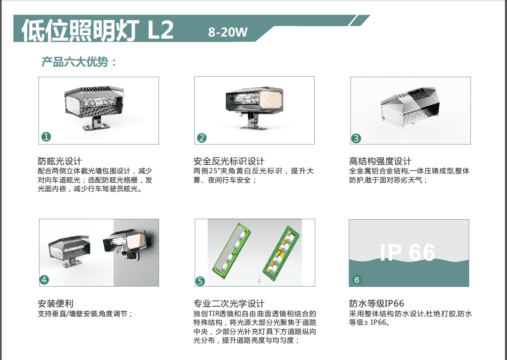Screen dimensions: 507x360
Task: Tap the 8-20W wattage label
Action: point(228,32)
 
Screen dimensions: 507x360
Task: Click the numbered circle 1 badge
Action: point(46,137)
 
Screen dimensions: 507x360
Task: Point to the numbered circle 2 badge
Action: point(202,138)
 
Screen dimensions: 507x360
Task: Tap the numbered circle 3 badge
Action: point(356,138)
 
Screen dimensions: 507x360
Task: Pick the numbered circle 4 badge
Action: point(44,280)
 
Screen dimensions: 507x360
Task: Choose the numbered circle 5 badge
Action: point(200,281)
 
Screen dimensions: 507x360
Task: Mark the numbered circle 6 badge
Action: point(357,280)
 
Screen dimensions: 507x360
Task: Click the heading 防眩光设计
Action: point(60,161)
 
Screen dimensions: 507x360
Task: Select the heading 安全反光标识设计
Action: point(229,161)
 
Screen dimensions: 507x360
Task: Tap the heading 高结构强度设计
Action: point(380,161)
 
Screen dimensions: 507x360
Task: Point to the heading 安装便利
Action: point(56,304)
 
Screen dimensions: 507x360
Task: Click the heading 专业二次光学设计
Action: point(229,304)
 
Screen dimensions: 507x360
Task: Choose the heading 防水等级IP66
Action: point(376,304)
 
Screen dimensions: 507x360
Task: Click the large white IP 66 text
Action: point(407,252)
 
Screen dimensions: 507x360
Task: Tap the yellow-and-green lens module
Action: point(281,253)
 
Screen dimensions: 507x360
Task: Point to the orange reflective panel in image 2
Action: point(270,99)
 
